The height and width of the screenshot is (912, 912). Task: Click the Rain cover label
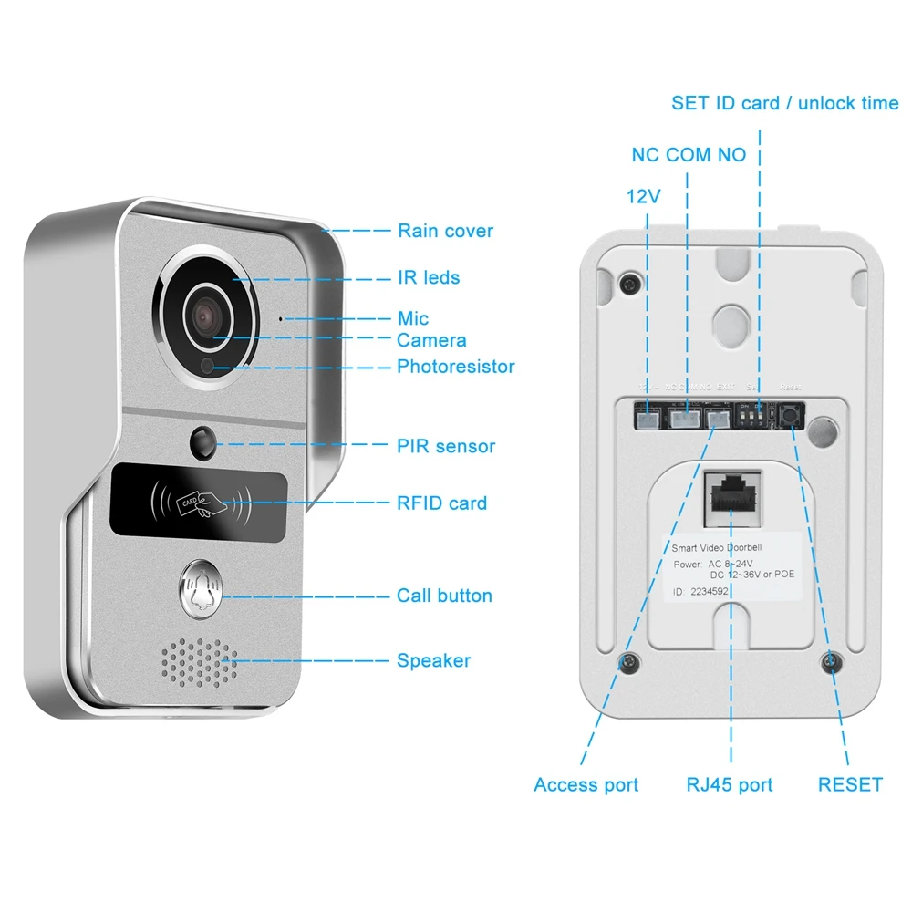445,231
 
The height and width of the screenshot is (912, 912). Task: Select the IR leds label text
428,277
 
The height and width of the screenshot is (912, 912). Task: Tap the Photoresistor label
455,367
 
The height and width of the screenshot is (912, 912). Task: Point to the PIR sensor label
446,446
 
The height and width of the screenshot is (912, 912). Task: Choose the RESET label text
850,784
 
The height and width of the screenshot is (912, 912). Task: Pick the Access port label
586,784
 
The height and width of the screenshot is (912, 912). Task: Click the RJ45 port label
730,784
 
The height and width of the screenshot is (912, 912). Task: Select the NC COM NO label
689,154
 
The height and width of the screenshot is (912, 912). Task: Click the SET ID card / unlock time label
784,103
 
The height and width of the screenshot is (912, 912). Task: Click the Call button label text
444,596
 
